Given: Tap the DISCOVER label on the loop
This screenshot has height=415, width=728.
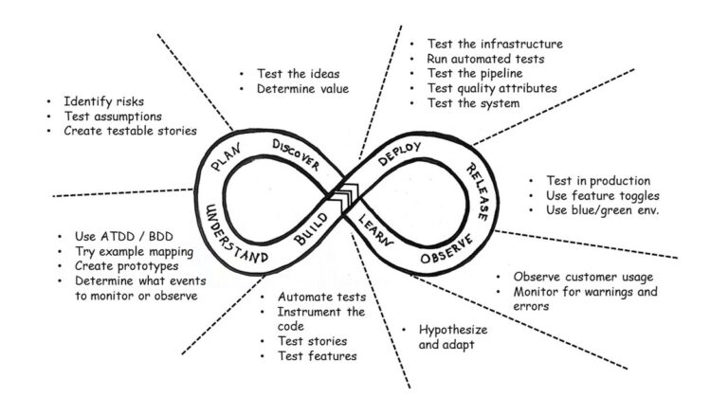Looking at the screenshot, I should pos(297,153).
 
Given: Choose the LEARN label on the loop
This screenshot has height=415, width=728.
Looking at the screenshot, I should pos(378,230).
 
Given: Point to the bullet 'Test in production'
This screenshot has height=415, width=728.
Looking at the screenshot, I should pos(597,180).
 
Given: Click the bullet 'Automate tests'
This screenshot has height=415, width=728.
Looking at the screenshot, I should pos(321,296).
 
